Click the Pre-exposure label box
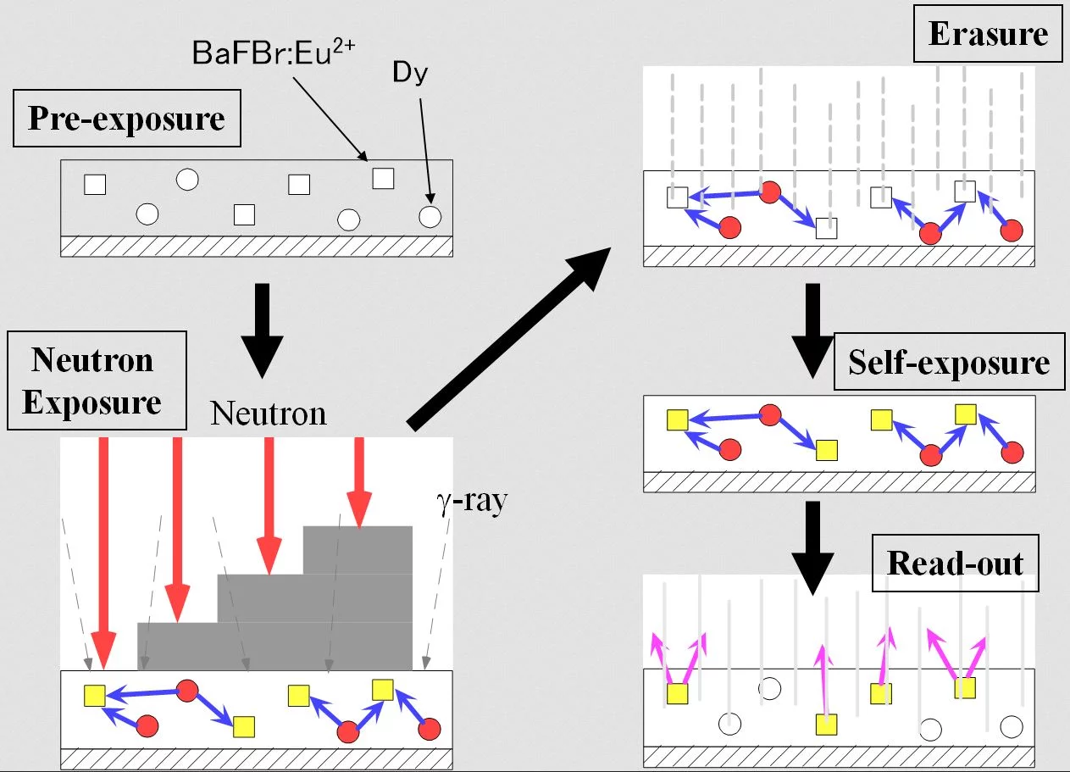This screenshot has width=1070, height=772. pos(126,119)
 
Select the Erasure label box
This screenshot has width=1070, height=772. pos(988,35)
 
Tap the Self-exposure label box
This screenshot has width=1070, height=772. pos(949,364)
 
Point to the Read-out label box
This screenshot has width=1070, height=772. pos(956,564)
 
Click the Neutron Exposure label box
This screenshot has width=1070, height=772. pos(92,380)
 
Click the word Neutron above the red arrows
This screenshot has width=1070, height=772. pos(268,413)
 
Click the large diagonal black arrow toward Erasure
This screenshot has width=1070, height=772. pos(508,338)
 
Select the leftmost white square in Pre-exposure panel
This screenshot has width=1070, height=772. pos(95,183)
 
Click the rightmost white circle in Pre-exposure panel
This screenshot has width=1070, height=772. pos(430,216)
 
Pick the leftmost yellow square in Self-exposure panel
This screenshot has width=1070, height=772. pos(677,420)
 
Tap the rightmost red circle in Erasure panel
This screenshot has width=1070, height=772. pos(1012,229)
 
